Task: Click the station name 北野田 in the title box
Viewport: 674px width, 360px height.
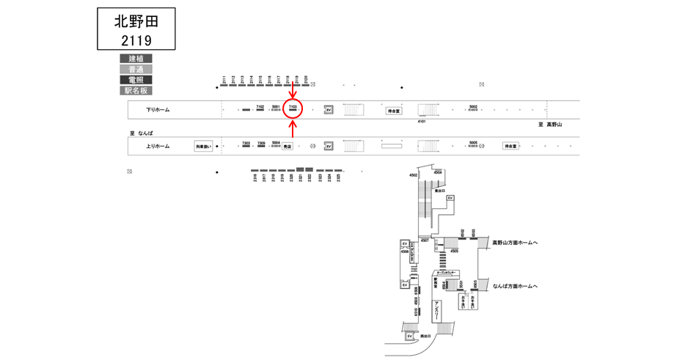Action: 137,21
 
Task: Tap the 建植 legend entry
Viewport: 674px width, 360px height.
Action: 136,59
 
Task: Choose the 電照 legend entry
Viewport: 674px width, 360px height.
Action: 136,80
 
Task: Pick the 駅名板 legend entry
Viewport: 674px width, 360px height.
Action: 136,91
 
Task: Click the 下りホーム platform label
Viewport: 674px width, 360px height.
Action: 158,110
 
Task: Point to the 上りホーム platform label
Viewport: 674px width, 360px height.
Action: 158,146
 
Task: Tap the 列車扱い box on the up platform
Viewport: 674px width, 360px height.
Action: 203,146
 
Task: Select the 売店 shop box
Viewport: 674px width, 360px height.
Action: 287,146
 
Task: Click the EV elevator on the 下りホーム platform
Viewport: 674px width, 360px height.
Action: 329,110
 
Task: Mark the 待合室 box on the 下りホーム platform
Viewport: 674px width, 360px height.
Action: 395,111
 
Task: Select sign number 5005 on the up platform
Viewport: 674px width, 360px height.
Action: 473,143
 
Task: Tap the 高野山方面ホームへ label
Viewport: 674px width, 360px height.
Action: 515,242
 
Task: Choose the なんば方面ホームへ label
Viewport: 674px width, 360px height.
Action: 515,286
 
